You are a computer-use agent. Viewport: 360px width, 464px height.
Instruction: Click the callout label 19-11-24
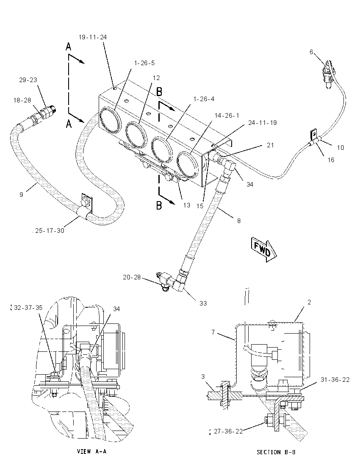point(93,37)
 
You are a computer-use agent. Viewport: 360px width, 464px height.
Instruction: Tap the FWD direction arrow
point(264,249)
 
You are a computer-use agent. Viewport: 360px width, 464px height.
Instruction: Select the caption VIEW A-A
point(91,451)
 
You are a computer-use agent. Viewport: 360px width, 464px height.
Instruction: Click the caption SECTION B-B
point(276,452)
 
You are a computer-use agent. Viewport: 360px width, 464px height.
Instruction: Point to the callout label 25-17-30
point(50,231)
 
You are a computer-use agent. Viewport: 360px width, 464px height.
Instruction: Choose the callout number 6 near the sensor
point(311,52)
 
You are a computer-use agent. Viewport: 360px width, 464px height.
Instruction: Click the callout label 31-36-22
point(335,380)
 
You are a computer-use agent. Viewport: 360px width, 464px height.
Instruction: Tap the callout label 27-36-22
point(228,431)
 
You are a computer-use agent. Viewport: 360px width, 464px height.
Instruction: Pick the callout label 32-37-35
point(28,307)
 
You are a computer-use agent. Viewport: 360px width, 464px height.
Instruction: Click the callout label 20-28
point(132,277)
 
